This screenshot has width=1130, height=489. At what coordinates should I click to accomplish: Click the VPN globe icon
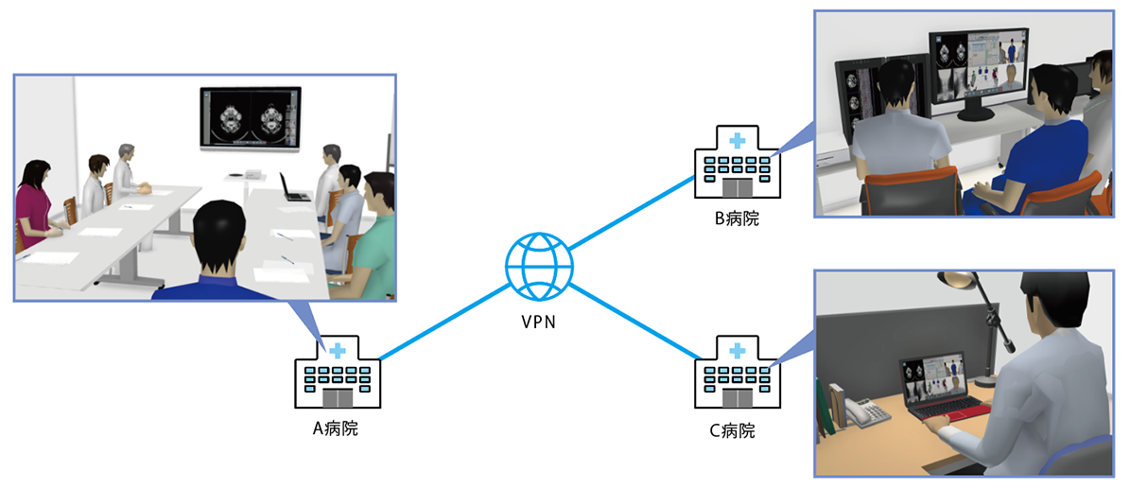[x=539, y=266]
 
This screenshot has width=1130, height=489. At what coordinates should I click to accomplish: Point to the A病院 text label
[x=336, y=428]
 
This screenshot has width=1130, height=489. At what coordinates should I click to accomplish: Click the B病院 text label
[x=737, y=219]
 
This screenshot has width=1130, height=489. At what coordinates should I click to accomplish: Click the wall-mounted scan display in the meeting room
[x=250, y=117]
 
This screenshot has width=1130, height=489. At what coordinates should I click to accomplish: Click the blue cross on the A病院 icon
[x=337, y=350]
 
